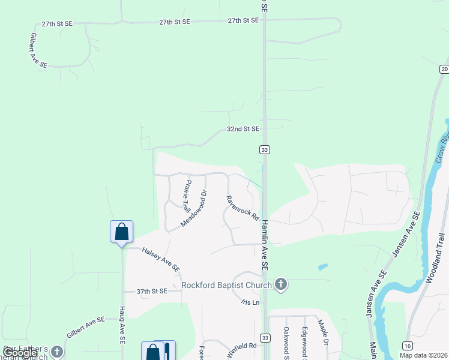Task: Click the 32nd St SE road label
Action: coord(243,129)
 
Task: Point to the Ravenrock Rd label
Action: coord(242,208)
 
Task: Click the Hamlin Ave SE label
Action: coord(264,244)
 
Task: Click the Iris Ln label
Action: coord(252,302)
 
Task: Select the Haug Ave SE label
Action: coord(122,331)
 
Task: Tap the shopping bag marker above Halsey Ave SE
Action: coord(121,232)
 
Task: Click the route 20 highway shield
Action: coord(444,69)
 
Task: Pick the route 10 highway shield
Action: coord(408,346)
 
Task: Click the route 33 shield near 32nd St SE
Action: coord(264,149)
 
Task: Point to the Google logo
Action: coord(20,353)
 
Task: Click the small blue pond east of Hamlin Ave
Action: coord(322,266)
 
